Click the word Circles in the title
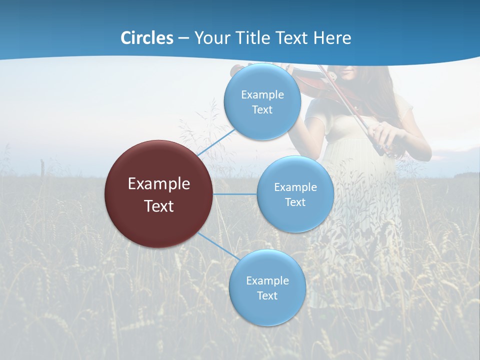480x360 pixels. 147,38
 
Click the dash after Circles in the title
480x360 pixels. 183,38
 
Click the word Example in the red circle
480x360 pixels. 159,183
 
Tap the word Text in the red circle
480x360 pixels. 159,206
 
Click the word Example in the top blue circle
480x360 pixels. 262,94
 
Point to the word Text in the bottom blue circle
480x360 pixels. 267,295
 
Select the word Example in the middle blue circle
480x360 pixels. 295,187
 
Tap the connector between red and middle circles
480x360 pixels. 235,194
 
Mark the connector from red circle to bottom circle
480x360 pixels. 218,246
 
